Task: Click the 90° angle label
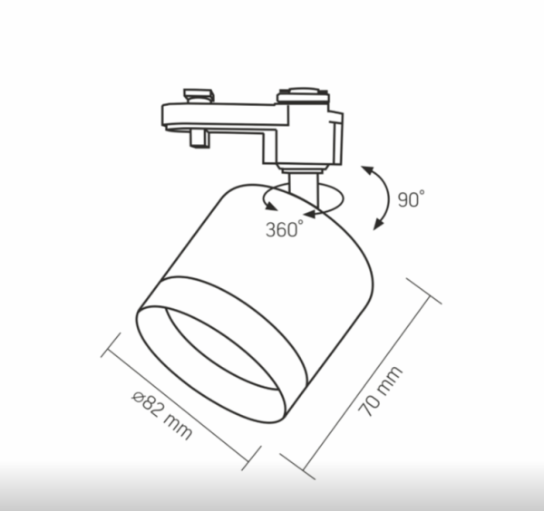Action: (x=411, y=199)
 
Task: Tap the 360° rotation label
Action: (x=285, y=229)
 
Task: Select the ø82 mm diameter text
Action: (x=162, y=415)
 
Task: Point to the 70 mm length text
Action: (x=380, y=391)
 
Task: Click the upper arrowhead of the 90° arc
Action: (x=368, y=170)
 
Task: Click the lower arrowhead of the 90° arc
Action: (x=379, y=224)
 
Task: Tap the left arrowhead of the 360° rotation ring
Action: (x=271, y=206)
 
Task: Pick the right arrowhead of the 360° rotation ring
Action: (x=309, y=214)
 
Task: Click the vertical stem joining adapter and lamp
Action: (x=304, y=190)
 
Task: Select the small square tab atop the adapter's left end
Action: (x=198, y=95)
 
